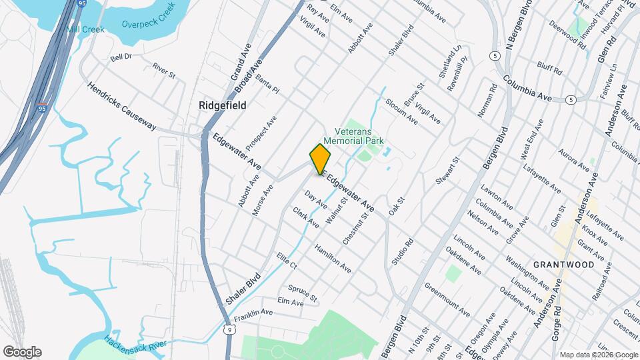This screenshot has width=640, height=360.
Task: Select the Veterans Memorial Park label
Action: point(356,136)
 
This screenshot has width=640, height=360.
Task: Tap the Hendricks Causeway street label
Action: point(121,107)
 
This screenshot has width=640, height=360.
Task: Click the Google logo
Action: point(22,351)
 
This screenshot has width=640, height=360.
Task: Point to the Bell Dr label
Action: point(121,58)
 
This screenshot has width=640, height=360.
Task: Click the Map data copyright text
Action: point(598,355)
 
